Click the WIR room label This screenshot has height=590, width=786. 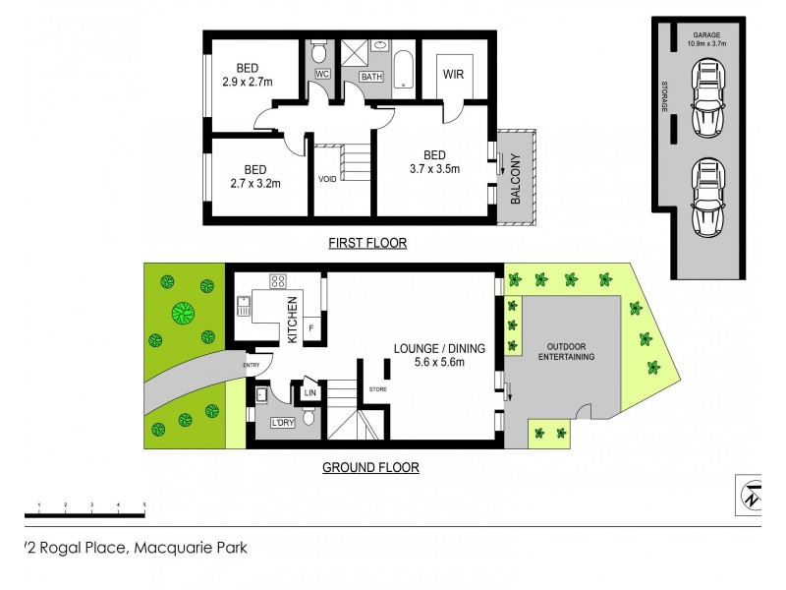[x=453, y=74]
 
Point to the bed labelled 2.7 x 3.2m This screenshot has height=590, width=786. [x=249, y=176]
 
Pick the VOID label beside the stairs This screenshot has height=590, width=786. [x=327, y=179]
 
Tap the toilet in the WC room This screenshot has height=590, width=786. [x=320, y=51]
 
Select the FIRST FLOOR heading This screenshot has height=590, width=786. [x=368, y=243]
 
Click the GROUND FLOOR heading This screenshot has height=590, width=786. [x=370, y=468]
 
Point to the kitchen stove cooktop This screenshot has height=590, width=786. [x=278, y=282]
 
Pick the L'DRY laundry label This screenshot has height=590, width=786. [x=283, y=424]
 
